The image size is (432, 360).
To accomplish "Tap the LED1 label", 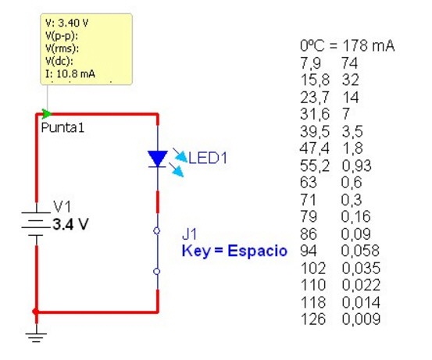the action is (x=208, y=158).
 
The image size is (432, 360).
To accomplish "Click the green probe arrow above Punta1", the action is (x=46, y=113).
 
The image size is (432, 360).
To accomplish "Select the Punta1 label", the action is (x=62, y=127).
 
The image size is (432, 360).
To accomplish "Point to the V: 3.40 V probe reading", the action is (x=67, y=23).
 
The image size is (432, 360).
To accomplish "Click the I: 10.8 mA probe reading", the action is (x=70, y=74).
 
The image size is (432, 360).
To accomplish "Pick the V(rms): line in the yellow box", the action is (x=62, y=48).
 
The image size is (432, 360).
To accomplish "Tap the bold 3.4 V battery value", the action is (x=71, y=224).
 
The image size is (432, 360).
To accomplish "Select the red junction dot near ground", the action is (x=35, y=312).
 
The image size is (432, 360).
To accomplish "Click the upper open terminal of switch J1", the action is (x=157, y=231).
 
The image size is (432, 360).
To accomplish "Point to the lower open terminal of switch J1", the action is (x=157, y=272).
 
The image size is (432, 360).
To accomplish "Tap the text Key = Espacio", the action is (x=234, y=251).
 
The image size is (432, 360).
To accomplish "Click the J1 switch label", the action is (x=190, y=234).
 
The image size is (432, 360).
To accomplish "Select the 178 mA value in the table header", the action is (x=369, y=45).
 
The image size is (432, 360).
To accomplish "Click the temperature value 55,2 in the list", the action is (x=315, y=166).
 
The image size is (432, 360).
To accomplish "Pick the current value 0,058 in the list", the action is (x=360, y=251).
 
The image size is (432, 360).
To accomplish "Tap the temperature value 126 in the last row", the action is (x=313, y=319).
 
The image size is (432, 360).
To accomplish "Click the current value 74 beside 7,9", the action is (x=349, y=62).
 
